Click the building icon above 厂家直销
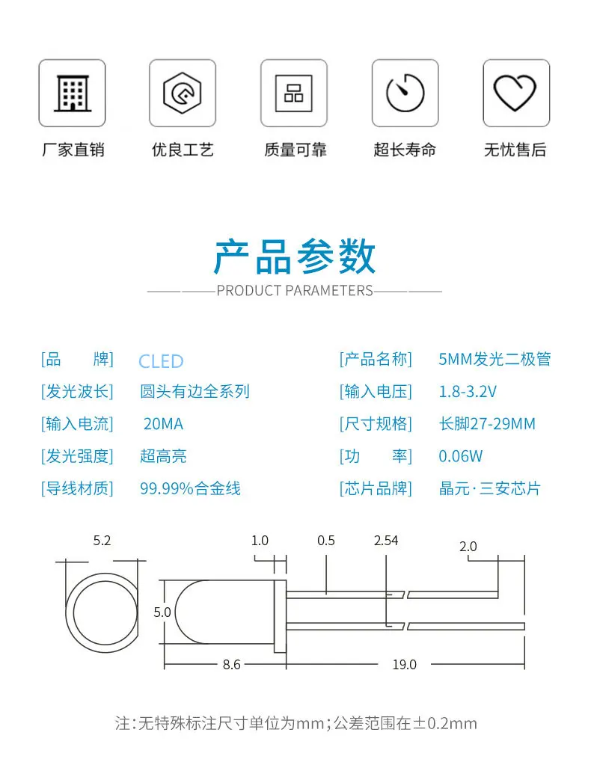click(x=72, y=93)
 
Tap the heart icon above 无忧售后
click(x=515, y=93)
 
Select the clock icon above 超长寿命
click(x=405, y=93)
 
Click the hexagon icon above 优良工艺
click(x=183, y=93)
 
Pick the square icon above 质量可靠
click(x=293, y=93)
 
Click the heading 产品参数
click(x=295, y=257)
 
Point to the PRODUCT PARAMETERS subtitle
click(x=295, y=290)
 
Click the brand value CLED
click(x=161, y=362)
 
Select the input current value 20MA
click(x=163, y=424)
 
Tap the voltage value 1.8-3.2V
click(x=468, y=391)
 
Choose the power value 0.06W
click(x=461, y=456)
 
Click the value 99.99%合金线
click(x=190, y=489)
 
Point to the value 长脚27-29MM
click(x=487, y=424)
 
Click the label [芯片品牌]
click(x=376, y=489)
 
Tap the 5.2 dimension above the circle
click(x=102, y=541)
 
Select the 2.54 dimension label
click(x=386, y=541)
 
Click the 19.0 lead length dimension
click(x=404, y=664)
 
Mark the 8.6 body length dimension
click(x=232, y=664)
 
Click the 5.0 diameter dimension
click(x=162, y=612)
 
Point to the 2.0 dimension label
click(x=468, y=547)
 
